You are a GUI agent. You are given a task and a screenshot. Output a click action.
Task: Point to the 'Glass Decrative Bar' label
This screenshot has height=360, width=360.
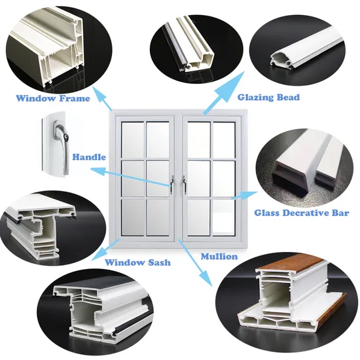(x=301, y=213)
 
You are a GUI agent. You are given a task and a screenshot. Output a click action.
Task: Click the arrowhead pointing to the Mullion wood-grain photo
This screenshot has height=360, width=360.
(x=209, y=281)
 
